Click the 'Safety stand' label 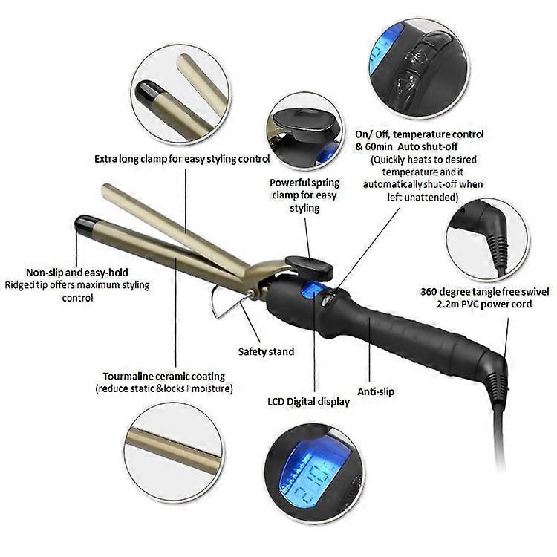(266, 352)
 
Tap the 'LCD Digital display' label (308, 402)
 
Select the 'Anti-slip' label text (376, 391)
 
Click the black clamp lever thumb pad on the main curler (309, 267)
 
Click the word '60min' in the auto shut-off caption (379, 147)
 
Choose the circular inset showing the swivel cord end (487, 240)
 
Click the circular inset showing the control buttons (419, 68)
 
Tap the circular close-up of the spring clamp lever (304, 131)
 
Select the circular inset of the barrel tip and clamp (180, 94)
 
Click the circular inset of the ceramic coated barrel (174, 452)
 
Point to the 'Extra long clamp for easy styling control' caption (182, 159)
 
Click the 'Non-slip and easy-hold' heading (77, 273)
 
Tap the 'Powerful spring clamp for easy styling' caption (304, 195)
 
